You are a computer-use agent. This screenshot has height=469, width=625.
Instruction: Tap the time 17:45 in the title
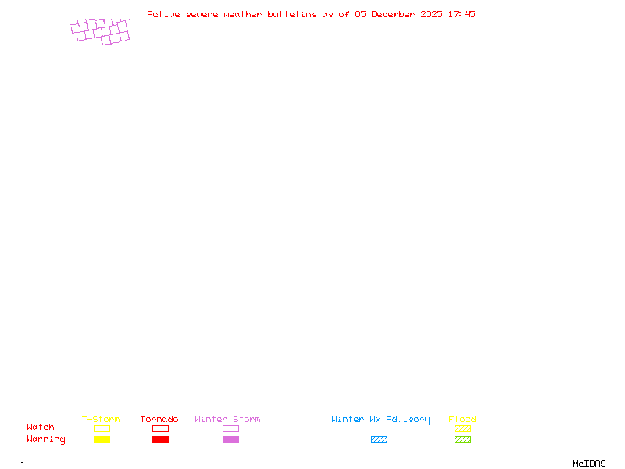point(462,14)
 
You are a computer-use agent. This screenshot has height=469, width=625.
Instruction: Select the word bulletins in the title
point(292,14)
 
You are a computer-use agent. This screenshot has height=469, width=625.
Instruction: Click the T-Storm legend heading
point(101,420)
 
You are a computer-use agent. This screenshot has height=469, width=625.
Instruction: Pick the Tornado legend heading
point(159,420)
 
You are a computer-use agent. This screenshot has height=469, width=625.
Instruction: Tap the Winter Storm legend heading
point(227,420)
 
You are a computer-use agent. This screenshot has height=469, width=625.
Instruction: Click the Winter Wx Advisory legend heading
point(380,420)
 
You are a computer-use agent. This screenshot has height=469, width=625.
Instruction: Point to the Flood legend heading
point(462,420)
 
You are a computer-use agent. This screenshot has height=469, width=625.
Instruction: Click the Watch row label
point(41,428)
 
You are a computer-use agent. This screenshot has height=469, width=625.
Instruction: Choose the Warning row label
point(46,439)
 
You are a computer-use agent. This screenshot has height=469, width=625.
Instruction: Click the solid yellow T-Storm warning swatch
point(102,440)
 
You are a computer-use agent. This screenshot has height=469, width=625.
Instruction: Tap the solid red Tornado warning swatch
point(160,440)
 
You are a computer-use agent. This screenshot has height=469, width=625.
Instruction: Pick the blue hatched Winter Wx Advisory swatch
point(379,440)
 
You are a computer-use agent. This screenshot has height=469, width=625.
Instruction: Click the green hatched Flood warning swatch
point(462,440)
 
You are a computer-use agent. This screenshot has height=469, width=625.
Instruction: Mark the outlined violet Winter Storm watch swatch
point(230,429)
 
